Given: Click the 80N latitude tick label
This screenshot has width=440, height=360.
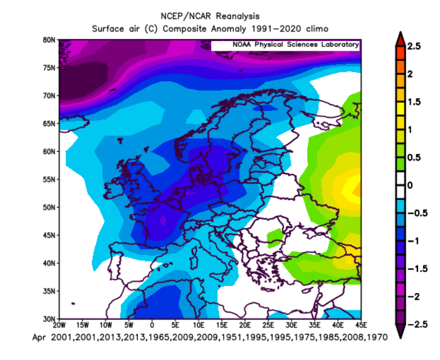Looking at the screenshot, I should (x=49, y=40).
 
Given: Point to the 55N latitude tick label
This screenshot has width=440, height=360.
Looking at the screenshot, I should (x=49, y=179).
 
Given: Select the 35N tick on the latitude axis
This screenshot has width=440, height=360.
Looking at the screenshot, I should (x=49, y=291).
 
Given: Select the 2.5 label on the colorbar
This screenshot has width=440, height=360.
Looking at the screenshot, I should (x=413, y=47).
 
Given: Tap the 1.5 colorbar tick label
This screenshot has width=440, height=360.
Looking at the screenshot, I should (x=413, y=102).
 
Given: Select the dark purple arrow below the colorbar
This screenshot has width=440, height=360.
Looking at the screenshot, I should (x=399, y=331).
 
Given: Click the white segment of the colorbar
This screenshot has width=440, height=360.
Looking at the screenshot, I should (x=399, y=185).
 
